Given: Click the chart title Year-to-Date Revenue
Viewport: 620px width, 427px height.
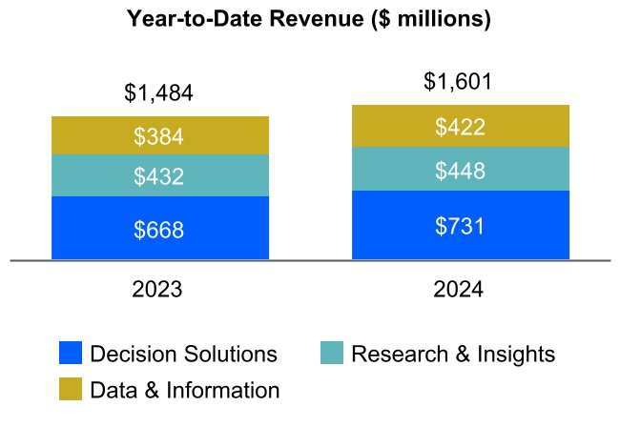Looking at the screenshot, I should tap(310, 20).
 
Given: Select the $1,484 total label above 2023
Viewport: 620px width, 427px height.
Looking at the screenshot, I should tap(159, 93).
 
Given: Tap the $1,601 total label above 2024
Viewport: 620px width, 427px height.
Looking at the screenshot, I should tap(460, 82).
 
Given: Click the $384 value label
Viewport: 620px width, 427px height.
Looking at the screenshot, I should tap(159, 136).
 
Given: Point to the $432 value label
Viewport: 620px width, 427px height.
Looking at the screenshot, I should tap(159, 176).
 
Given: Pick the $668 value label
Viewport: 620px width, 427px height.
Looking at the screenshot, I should tap(159, 230).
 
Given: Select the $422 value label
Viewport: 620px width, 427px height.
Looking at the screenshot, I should tap(460, 127).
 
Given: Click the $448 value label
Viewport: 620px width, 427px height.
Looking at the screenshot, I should tap(460, 171).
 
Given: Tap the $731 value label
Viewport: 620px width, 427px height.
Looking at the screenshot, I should tap(460, 226).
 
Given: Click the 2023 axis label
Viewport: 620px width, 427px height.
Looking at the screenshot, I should tap(159, 290).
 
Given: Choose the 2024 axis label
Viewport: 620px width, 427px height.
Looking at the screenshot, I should tap(460, 290).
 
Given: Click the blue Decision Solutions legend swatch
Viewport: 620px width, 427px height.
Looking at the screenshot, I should tap(71, 354).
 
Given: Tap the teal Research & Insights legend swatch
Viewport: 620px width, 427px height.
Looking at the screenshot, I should tap(332, 354).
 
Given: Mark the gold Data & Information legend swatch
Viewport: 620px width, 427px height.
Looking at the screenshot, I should tap(71, 389).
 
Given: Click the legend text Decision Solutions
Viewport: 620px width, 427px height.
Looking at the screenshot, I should tap(183, 355).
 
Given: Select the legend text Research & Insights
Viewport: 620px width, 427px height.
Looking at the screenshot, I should tap(453, 355).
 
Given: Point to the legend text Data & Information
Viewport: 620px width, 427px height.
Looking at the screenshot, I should tap(184, 390).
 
